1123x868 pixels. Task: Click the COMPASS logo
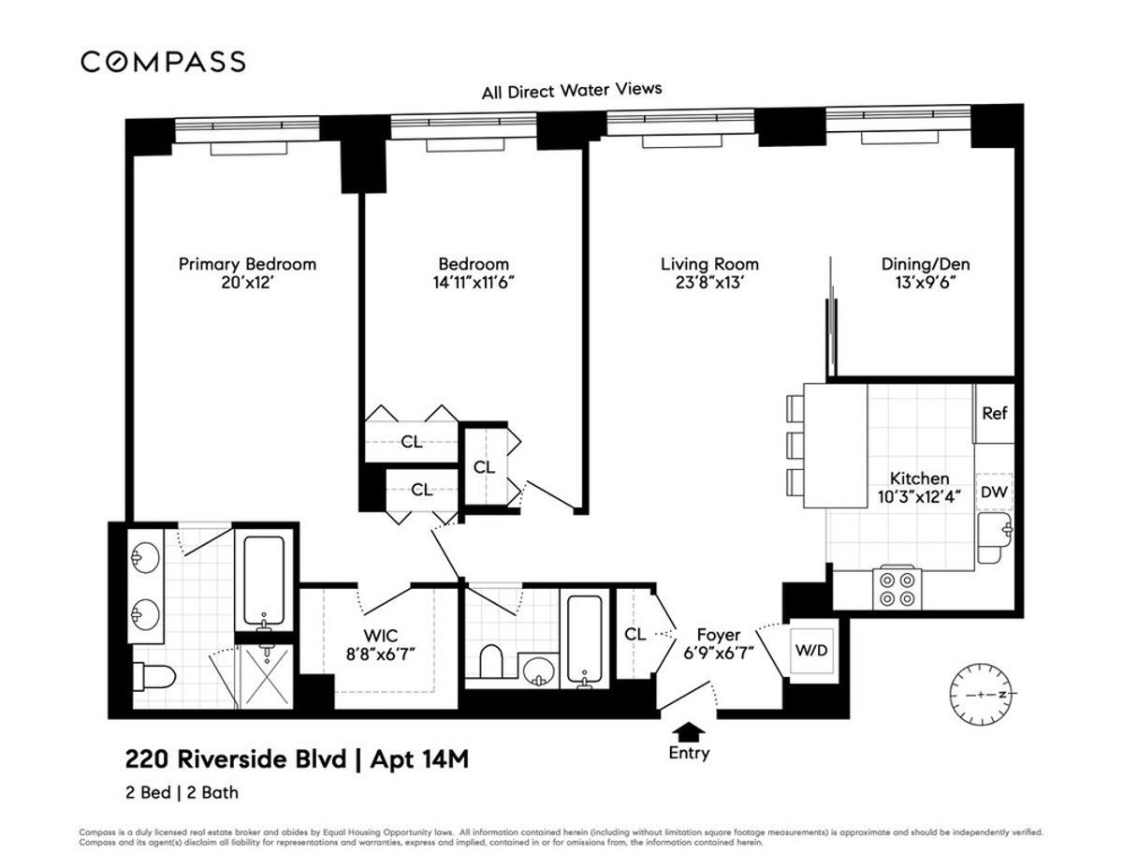click(163, 62)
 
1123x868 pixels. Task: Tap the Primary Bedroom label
click(247, 264)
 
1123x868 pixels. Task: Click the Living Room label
click(709, 264)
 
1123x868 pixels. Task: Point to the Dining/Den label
click(918, 264)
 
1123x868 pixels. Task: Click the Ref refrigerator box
click(994, 413)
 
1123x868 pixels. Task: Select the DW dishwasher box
click(994, 493)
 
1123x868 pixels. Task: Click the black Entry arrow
click(689, 730)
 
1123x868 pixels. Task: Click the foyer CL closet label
click(635, 634)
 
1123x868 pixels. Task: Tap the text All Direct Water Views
click(571, 91)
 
